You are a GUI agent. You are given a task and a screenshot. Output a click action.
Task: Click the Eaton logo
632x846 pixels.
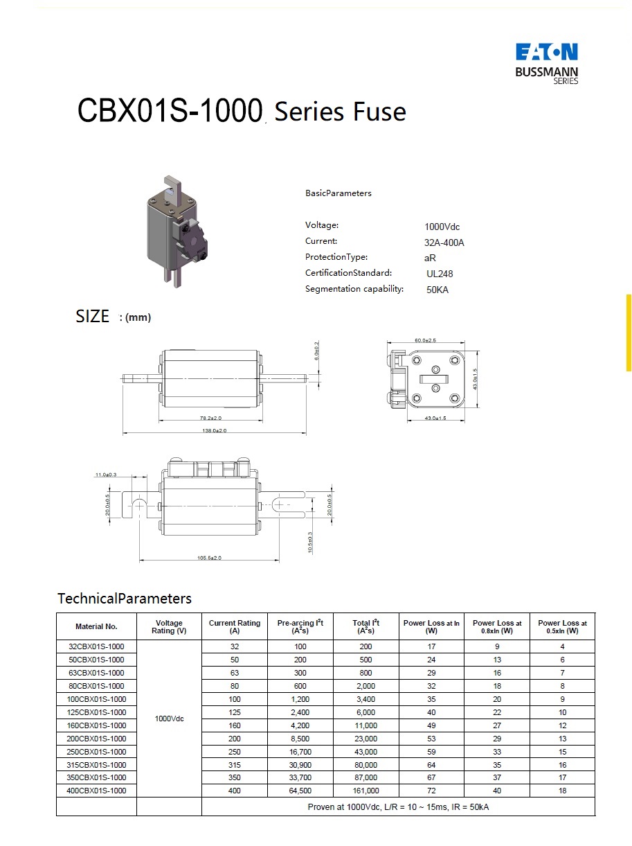tap(546, 53)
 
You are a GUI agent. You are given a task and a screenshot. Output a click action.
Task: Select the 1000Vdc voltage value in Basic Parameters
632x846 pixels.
tap(442, 227)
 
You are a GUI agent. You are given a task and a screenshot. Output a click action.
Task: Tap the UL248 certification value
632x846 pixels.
tap(440, 274)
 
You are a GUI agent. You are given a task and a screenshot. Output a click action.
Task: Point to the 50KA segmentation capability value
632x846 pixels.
tap(437, 290)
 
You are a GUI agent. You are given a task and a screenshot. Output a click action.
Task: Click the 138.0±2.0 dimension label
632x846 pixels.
tap(214, 430)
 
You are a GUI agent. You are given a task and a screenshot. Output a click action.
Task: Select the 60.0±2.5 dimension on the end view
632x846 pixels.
tap(425, 340)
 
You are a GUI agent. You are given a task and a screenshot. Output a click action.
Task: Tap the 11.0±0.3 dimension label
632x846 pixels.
tap(106, 475)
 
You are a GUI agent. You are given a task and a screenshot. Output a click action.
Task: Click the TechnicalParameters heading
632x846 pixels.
tap(125, 598)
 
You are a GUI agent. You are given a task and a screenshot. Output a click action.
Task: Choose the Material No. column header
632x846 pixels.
tap(96, 626)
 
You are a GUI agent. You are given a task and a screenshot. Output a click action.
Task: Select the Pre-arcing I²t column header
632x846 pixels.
tap(300, 626)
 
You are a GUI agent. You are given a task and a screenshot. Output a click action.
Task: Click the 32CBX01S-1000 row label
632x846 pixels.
tap(96, 646)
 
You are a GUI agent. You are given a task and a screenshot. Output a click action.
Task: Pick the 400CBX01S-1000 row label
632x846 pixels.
tap(96, 791)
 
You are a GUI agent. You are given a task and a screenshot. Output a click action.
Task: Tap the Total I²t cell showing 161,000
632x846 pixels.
tap(365, 791)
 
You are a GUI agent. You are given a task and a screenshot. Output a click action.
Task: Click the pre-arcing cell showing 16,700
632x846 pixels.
tap(300, 752)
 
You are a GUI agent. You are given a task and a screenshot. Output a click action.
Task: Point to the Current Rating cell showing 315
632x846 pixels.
tap(235, 765)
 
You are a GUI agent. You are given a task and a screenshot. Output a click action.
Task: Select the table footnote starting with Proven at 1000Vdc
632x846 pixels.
tap(398, 807)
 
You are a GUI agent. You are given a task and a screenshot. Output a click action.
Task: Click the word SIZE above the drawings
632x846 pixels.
tap(92, 317)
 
